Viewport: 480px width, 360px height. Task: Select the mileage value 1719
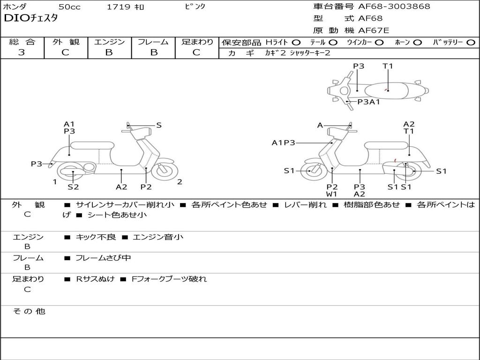click(x=119, y=7)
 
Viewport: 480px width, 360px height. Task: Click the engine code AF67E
click(x=373, y=31)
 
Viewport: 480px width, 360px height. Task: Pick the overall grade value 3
click(x=22, y=52)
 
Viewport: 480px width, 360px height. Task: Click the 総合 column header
click(x=22, y=42)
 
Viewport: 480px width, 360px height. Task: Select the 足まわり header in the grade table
click(x=197, y=42)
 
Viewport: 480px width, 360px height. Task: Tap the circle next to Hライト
click(x=296, y=43)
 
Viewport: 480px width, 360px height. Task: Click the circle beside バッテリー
click(x=471, y=43)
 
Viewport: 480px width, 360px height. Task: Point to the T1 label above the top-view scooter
click(x=388, y=66)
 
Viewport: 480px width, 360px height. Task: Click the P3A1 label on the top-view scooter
click(x=368, y=102)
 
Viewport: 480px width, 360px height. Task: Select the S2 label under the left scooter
click(x=73, y=187)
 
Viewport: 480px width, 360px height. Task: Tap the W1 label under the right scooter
click(x=332, y=194)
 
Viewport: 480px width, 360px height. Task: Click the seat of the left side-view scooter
click(x=92, y=145)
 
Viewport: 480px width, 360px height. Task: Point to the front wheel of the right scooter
click(x=310, y=171)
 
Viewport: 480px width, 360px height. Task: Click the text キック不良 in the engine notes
click(x=96, y=237)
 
